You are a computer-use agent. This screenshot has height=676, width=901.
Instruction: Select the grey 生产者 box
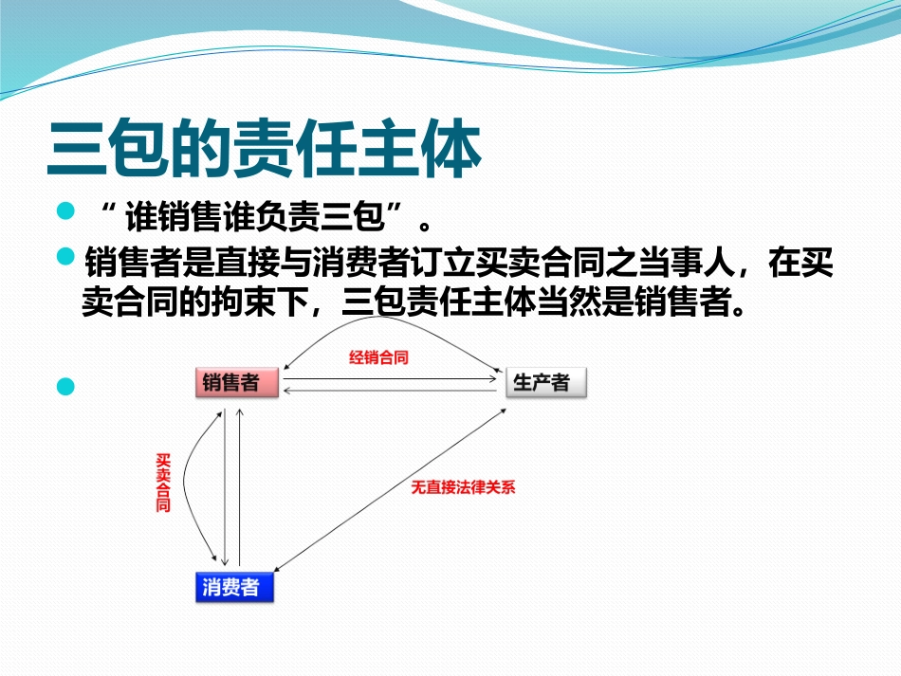pyautogui.click(x=545, y=383)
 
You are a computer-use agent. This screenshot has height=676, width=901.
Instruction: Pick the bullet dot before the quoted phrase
pyautogui.click(x=65, y=210)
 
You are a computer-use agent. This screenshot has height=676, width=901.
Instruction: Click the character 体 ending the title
pyautogui.click(x=450, y=150)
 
